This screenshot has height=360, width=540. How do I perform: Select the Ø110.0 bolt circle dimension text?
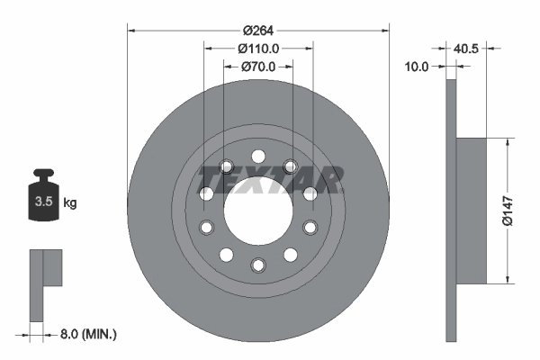pyautogui.click(x=258, y=49)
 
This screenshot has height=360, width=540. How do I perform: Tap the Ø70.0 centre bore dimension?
pyautogui.click(x=258, y=67)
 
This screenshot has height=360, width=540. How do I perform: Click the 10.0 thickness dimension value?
pyautogui.click(x=416, y=67)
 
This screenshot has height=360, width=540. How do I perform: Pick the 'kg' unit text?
pyautogui.click(x=70, y=202)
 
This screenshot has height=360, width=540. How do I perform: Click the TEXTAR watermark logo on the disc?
pyautogui.click(x=270, y=179)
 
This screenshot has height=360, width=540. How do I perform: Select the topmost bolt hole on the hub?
pyautogui.click(x=258, y=155)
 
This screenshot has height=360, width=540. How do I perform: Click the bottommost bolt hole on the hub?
pyautogui.click(x=258, y=265)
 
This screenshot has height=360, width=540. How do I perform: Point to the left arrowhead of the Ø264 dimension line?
pyautogui.click(x=131, y=30)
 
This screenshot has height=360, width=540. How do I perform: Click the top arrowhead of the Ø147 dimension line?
pyautogui.click(x=508, y=142)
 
